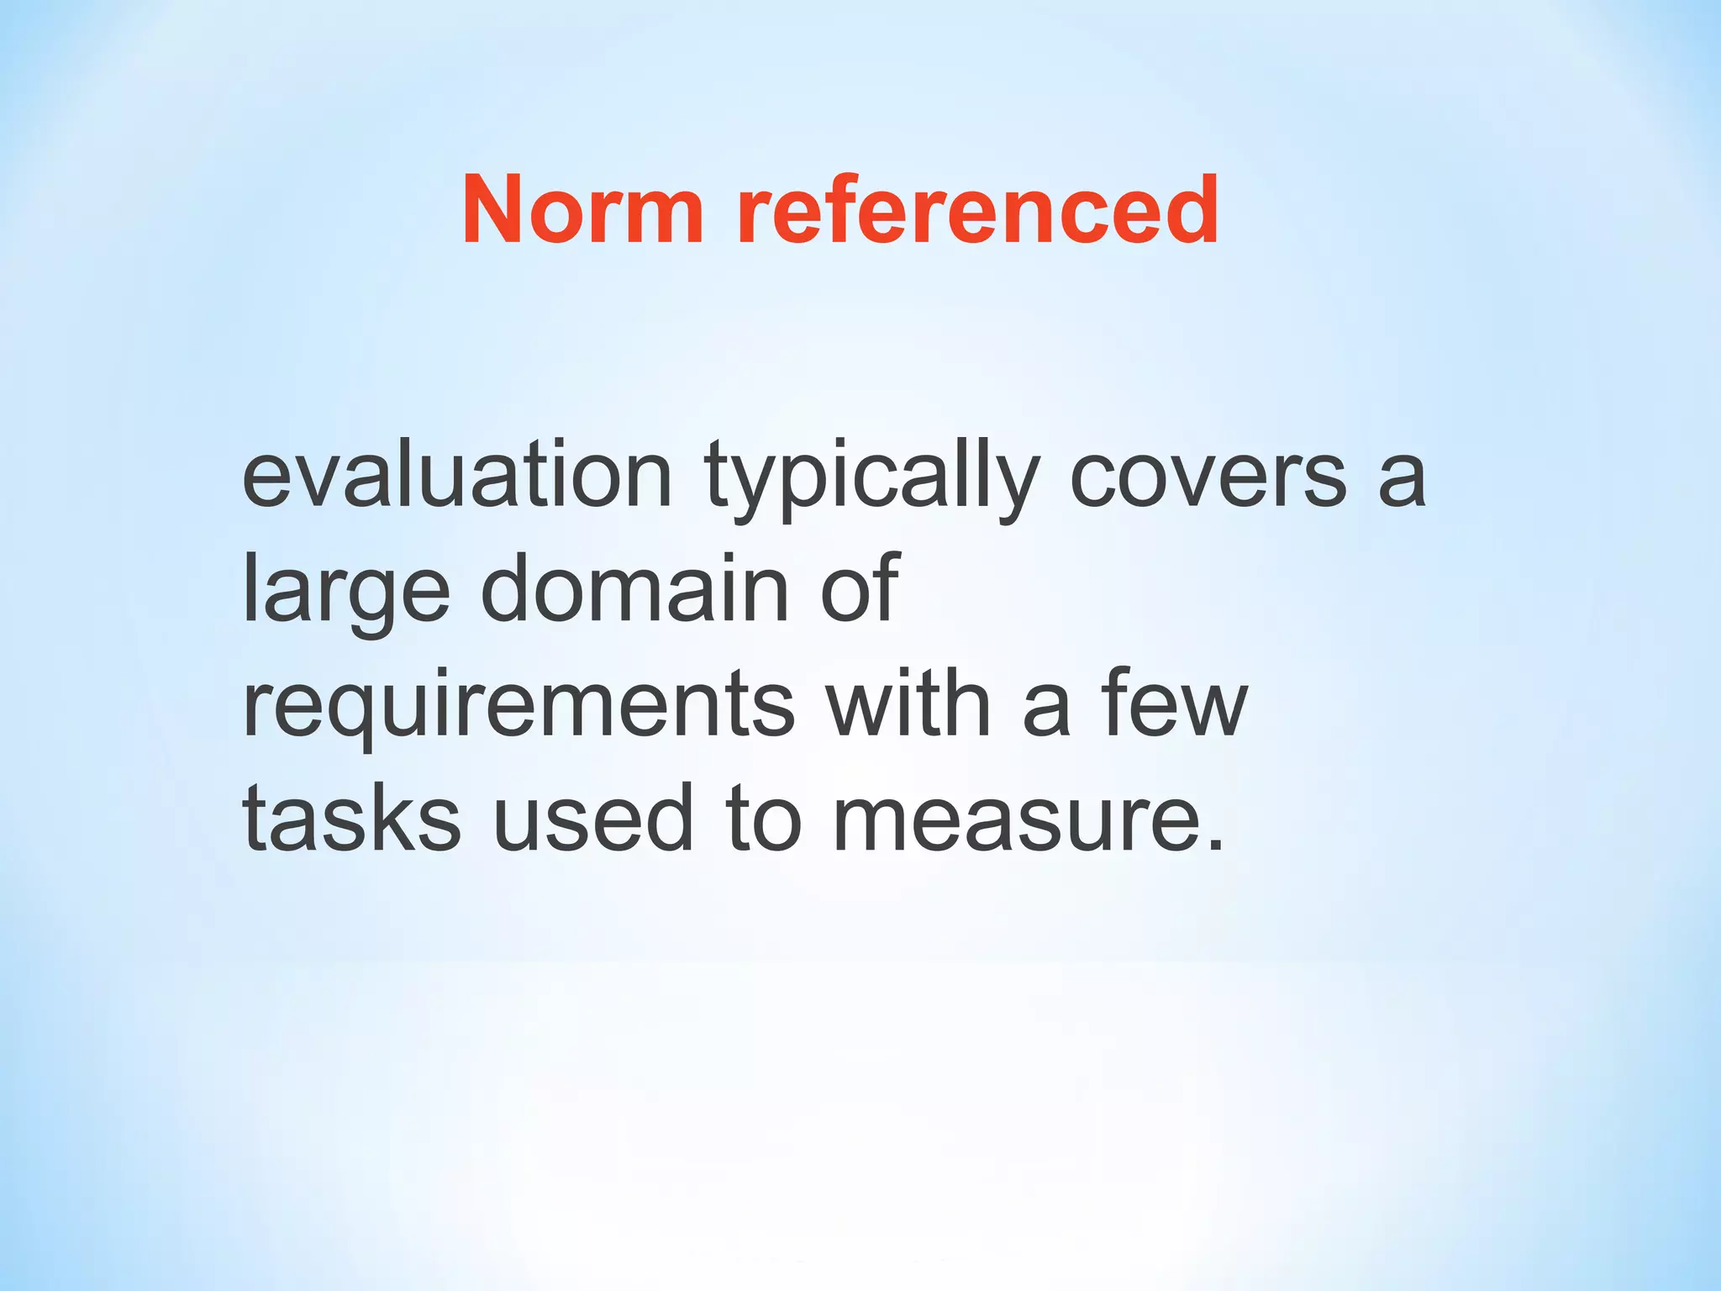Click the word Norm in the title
582,210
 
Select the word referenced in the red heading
977,210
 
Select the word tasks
351,819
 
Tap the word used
593,819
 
